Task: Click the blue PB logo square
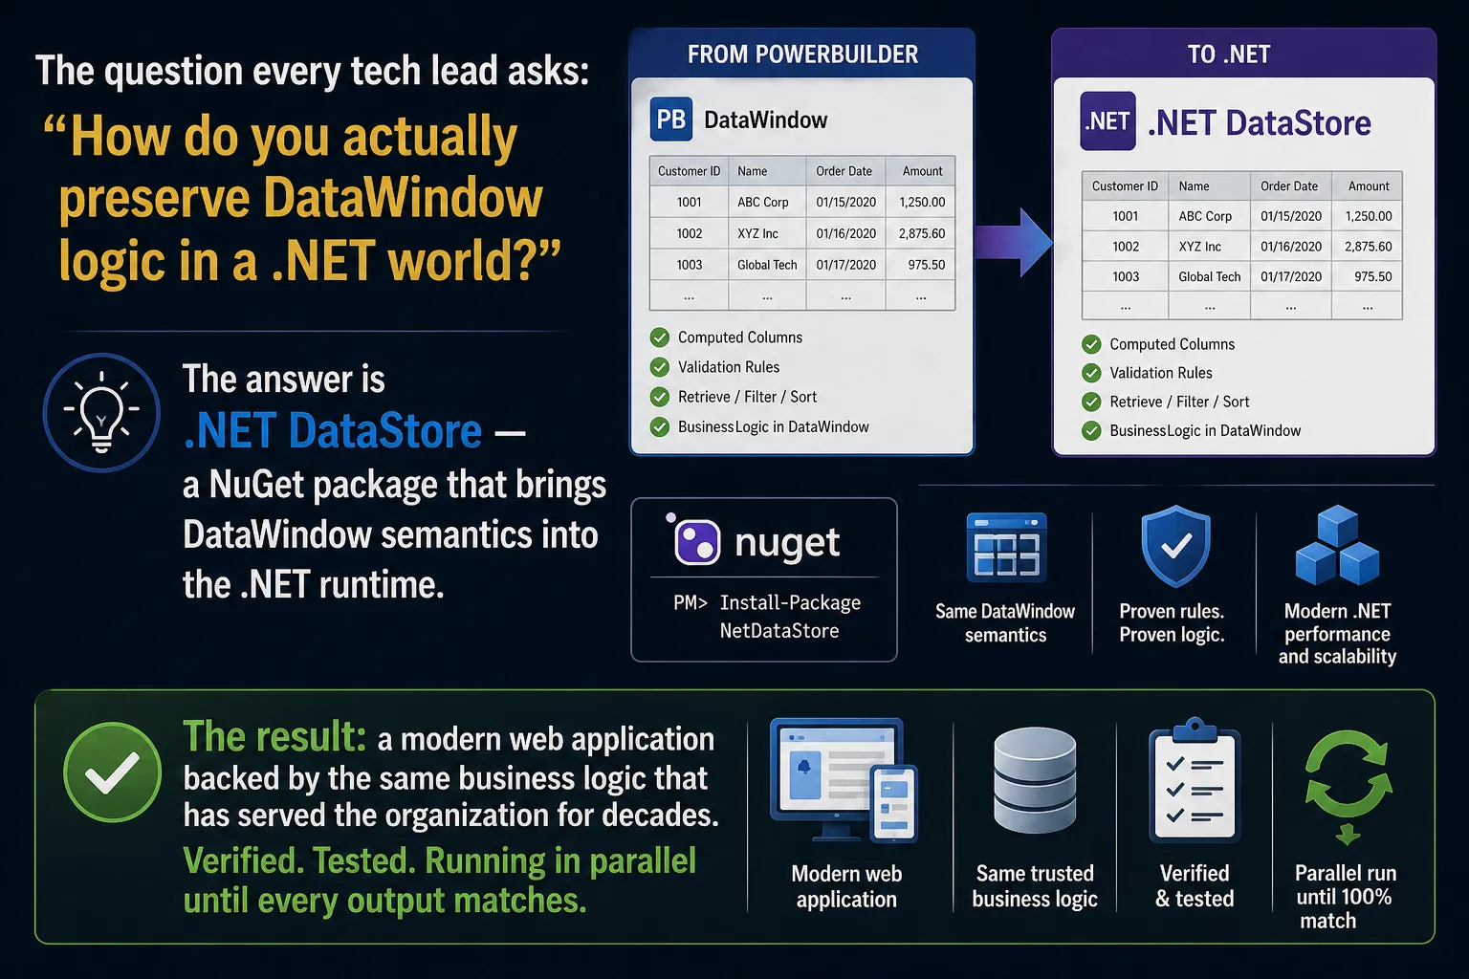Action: tap(670, 120)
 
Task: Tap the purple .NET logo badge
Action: tap(1107, 121)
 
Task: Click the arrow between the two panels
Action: tap(1014, 243)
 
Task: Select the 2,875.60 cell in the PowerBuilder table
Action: tap(921, 233)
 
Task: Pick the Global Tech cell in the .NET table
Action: tap(1209, 276)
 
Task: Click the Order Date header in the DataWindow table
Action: tap(844, 171)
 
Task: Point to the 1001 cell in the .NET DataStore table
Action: tap(1126, 216)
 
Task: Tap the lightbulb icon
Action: tap(101, 412)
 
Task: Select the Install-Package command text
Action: tap(767, 617)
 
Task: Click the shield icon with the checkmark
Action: tap(1175, 546)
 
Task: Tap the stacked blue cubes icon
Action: tap(1337, 545)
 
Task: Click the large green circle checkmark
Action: tap(113, 772)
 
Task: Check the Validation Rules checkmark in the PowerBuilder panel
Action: tap(660, 367)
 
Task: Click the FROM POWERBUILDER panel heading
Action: tap(802, 54)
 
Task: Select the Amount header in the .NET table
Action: tap(1368, 186)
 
